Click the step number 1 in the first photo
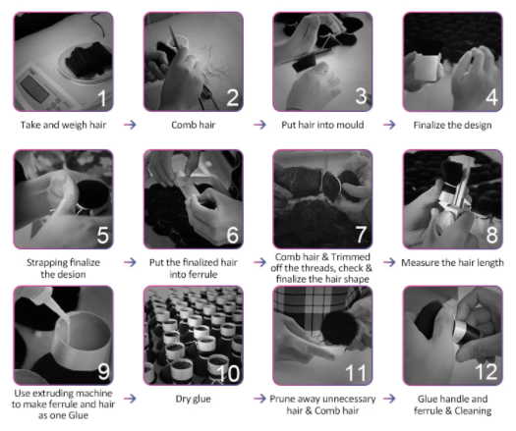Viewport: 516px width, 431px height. point(102,97)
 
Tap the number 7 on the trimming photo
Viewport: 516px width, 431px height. point(361,235)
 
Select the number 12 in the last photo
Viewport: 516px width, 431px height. point(486,372)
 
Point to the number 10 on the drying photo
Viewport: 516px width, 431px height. point(228,373)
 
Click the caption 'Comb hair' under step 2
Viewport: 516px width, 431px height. point(194,125)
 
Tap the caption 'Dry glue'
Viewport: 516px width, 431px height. point(194,399)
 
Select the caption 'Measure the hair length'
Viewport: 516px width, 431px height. point(452,263)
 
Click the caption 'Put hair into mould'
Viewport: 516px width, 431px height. point(322,125)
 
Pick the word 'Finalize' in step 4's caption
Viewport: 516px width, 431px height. point(429,126)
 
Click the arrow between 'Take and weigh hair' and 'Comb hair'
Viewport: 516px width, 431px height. point(130,125)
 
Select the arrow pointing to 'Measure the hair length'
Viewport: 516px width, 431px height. point(389,262)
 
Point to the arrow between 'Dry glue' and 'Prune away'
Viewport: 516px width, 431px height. point(260,399)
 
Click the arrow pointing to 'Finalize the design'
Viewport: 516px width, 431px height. point(389,125)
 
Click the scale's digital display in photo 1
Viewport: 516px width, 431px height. point(35,88)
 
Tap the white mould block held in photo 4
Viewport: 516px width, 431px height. point(427,68)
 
